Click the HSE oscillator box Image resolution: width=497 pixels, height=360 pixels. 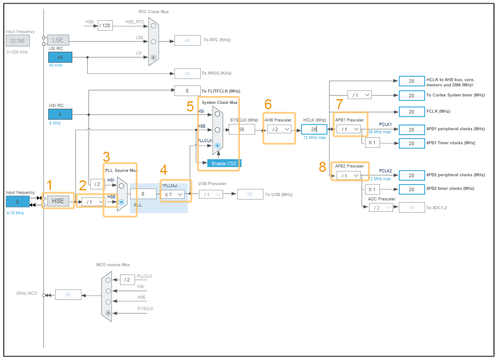point(58,201)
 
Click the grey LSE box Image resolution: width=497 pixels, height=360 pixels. point(58,40)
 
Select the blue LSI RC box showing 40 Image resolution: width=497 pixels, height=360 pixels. point(60,57)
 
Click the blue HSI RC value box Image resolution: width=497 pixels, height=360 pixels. point(60,114)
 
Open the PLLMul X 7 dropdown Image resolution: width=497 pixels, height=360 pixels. point(174,194)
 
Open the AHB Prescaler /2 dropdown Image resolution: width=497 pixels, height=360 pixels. point(279,129)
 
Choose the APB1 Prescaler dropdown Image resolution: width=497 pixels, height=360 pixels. point(348,129)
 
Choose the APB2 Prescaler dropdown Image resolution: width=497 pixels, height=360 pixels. point(348,175)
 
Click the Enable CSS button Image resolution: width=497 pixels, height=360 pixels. point(224,164)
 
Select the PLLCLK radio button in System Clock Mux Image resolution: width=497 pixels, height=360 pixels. point(217,145)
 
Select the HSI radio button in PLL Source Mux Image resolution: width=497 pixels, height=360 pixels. point(121,186)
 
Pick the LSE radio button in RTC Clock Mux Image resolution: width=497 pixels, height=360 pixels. point(153,42)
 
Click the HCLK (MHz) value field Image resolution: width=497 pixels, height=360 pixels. point(314,129)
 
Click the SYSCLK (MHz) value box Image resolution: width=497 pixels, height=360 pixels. point(241,129)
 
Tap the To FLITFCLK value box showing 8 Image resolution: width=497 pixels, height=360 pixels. point(187,91)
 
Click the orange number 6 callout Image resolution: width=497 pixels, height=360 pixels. point(268,104)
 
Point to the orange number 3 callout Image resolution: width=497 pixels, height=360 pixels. point(106,157)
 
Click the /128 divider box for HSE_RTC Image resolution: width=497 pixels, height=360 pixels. point(105,26)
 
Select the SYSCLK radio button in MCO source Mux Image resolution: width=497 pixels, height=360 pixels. point(108,313)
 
